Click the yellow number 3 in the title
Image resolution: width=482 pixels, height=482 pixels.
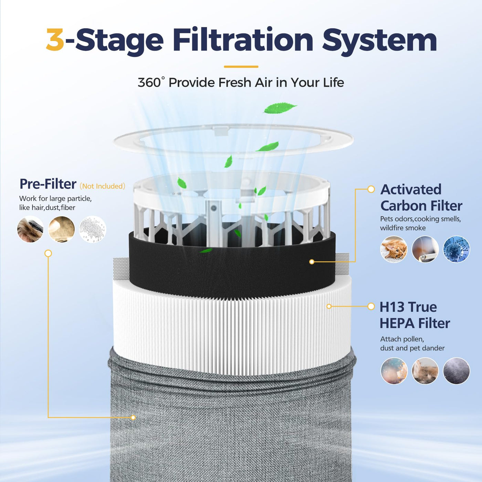pos(55,40)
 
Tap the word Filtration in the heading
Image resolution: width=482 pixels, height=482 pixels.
pos(243,40)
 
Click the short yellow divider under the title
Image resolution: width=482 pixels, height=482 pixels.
pos(241,67)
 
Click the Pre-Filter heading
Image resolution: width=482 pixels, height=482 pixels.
pos(48,184)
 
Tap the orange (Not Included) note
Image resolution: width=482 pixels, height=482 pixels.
pos(102,186)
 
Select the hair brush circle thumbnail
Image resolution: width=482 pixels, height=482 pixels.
pos(30,229)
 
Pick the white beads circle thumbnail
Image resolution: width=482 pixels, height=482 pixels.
pos(93,229)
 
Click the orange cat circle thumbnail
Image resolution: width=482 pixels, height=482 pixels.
pos(394,249)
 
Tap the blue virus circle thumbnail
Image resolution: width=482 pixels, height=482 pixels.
pos(457,249)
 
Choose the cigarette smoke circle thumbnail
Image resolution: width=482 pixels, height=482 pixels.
pos(425,249)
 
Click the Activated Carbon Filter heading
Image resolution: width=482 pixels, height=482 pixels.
pos(421,198)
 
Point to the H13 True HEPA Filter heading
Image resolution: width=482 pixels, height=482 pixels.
pos(415,315)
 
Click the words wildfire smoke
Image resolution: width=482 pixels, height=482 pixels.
pos(403,228)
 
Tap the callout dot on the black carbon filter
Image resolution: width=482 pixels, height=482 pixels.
pos(312,262)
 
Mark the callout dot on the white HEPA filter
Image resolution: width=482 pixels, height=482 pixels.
pos(329,306)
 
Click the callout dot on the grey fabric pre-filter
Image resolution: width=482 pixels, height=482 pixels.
pos(133,418)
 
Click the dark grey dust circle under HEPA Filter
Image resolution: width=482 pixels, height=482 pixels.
pos(457,371)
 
